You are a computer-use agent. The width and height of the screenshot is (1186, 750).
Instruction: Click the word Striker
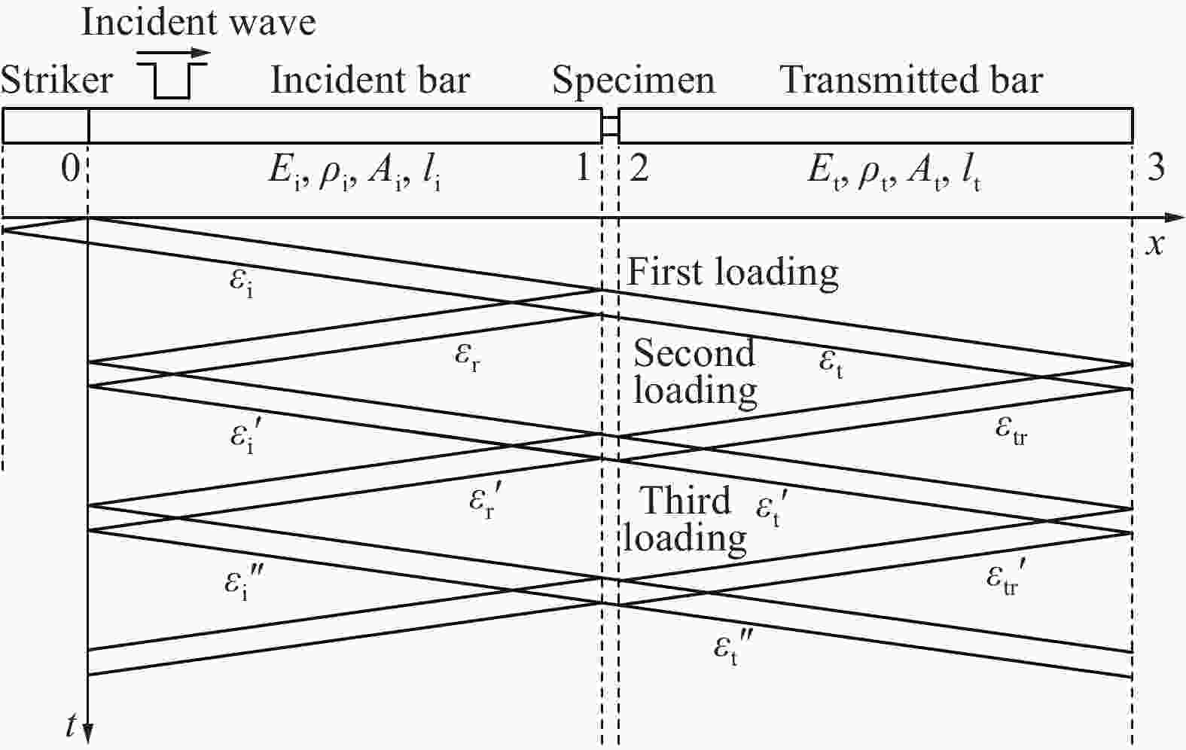tap(56, 81)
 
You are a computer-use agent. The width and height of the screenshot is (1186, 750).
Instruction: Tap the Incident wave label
tap(199, 23)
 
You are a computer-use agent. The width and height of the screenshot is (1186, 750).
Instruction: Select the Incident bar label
tap(370, 81)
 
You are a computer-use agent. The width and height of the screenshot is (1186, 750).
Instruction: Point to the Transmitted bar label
tap(911, 81)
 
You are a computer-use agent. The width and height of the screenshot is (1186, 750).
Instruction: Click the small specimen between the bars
tap(610, 126)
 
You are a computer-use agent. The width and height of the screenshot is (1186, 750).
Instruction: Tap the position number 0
tap(71, 169)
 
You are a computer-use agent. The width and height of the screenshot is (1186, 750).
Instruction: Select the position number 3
tap(1156, 169)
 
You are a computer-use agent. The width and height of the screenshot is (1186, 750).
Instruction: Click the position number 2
tap(639, 169)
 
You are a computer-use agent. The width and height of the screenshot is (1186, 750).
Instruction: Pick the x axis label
tap(1155, 245)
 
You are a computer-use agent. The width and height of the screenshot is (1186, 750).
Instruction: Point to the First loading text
tap(732, 273)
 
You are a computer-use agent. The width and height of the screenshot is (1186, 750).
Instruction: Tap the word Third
tap(684, 500)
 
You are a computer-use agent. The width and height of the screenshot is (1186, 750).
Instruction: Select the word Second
tap(694, 352)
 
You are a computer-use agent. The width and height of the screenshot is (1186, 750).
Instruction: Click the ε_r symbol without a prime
tap(468, 357)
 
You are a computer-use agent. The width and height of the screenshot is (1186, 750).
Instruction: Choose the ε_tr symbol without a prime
tap(1011, 431)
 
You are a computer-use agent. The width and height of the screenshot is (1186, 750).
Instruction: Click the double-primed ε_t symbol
tap(733, 648)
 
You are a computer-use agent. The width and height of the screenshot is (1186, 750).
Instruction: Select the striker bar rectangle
tap(45, 126)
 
